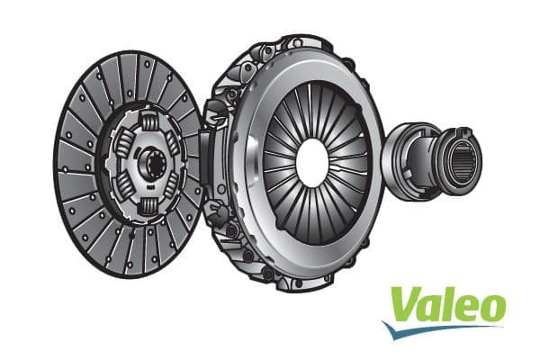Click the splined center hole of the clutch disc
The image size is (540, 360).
click(x=148, y=164)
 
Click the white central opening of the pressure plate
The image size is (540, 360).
click(x=311, y=161)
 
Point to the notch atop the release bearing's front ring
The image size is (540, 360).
click(x=464, y=131)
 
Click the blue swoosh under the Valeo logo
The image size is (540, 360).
click(x=432, y=329)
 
